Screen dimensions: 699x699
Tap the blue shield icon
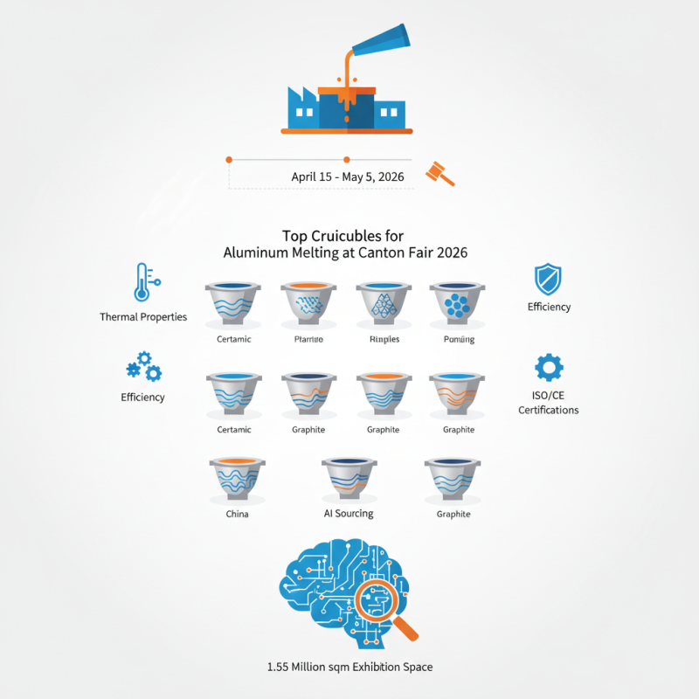click(x=548, y=280)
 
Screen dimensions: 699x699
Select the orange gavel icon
click(x=439, y=173)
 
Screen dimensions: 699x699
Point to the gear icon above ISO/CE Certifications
click(x=549, y=368)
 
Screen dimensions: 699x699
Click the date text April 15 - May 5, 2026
click(x=347, y=176)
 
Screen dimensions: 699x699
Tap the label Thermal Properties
click(x=143, y=316)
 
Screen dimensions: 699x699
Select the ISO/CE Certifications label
click(x=549, y=403)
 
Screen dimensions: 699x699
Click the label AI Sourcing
click(x=349, y=513)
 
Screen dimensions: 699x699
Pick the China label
click(x=237, y=514)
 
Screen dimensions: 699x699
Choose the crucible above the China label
click(x=237, y=479)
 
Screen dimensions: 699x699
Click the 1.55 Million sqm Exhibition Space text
click(x=349, y=667)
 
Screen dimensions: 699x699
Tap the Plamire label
click(x=308, y=339)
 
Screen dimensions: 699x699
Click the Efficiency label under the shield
click(x=549, y=307)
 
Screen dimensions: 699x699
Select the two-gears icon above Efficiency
click(x=143, y=369)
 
